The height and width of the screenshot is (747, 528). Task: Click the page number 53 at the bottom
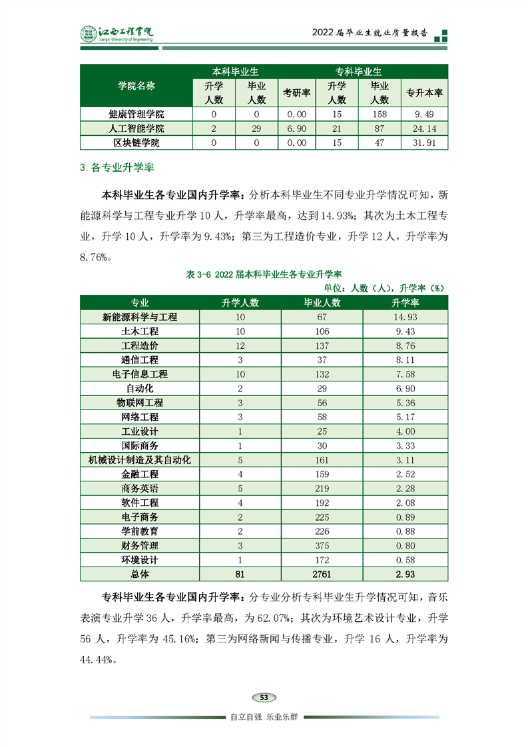pos(264,697)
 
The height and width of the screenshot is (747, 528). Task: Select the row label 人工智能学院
pos(136,128)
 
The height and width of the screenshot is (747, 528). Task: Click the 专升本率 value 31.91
pos(424,142)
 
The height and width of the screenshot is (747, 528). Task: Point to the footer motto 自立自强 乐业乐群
pos(264,717)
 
